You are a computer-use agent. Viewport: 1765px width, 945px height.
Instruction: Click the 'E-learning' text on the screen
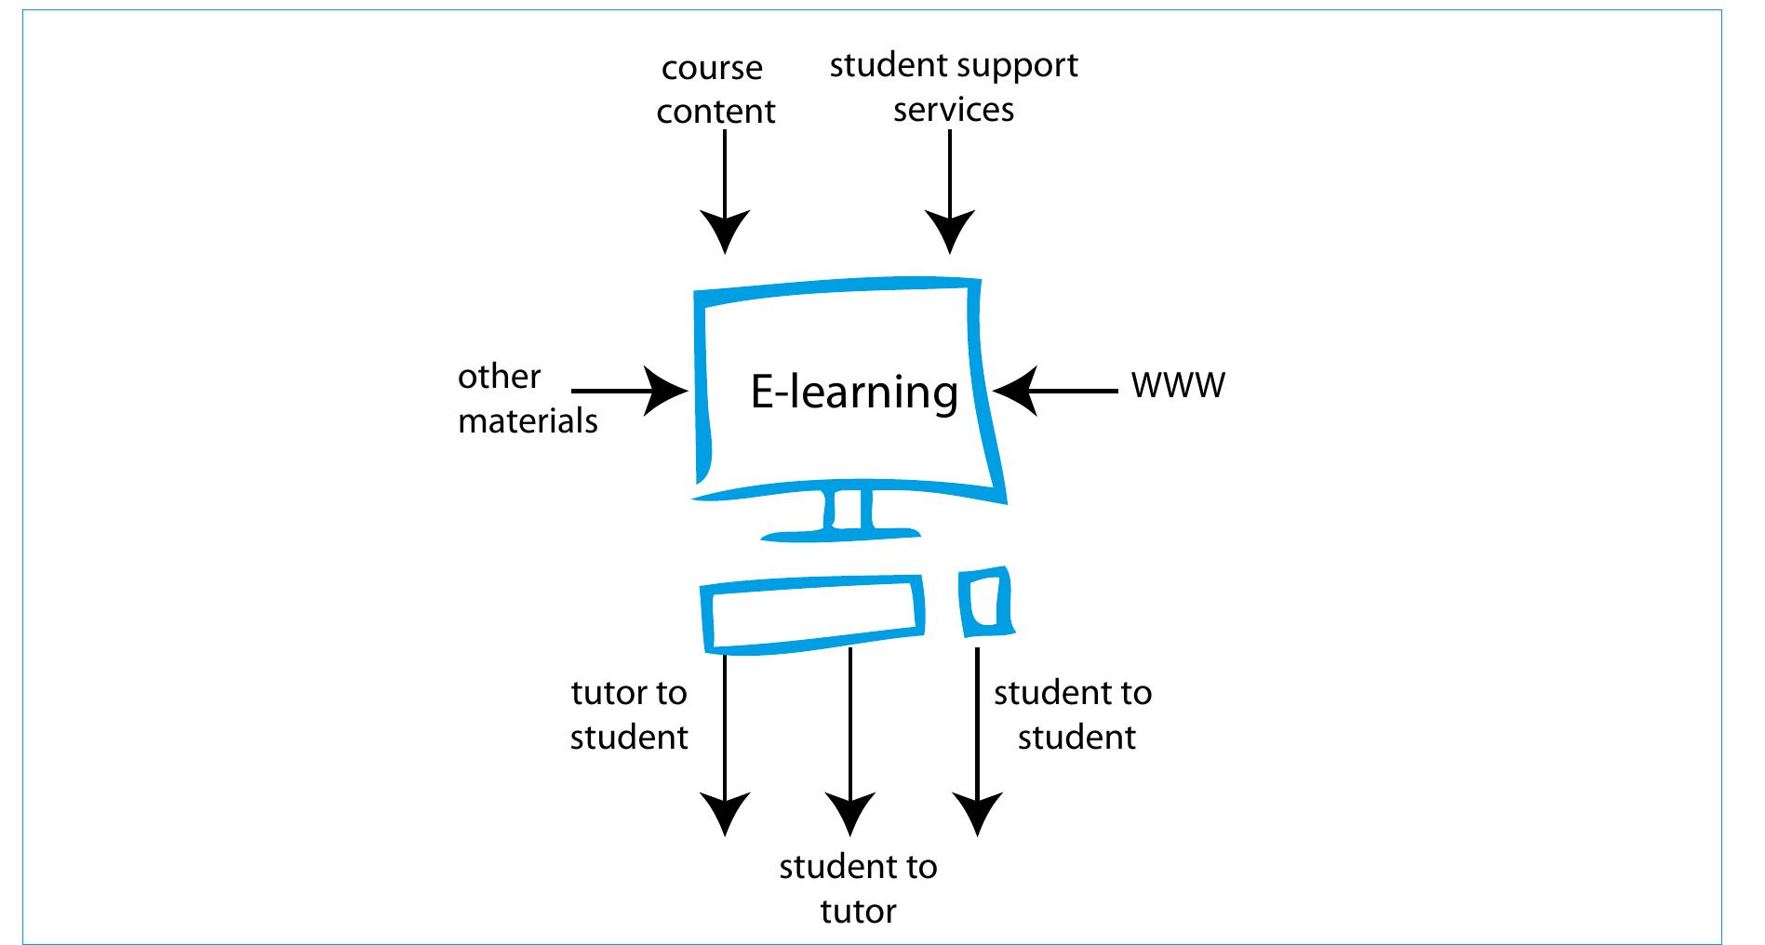(854, 393)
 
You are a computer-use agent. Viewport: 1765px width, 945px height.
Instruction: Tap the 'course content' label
(715, 89)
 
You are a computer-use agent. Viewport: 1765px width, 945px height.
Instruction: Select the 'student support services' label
(954, 87)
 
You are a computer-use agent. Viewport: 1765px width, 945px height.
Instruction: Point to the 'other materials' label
(527, 398)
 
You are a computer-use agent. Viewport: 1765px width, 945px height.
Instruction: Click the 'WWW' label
(1178, 384)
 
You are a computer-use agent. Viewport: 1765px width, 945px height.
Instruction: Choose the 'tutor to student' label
(629, 714)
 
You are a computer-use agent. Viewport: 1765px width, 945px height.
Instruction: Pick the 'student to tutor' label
(858, 888)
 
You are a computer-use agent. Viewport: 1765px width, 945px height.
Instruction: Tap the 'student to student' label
(1074, 714)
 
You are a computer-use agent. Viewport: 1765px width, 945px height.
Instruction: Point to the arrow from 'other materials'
(630, 391)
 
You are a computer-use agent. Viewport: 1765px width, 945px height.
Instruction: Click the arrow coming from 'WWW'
(1055, 391)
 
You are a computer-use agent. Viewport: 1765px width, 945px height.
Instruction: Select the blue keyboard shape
(812, 613)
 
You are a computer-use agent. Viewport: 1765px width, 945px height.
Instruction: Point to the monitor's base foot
(840, 535)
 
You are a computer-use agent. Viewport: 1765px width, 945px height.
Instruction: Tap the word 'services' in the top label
(954, 109)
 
